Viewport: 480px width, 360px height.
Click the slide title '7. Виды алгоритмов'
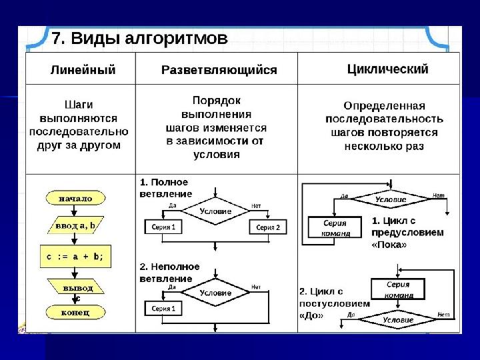coord(140,38)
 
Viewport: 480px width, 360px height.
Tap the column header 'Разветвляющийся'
coord(219,70)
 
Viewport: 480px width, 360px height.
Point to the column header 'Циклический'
coord(388,69)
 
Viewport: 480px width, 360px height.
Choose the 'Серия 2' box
coord(268,227)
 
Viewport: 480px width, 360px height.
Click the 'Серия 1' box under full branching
coord(163,227)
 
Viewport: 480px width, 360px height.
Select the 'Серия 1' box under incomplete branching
coord(163,309)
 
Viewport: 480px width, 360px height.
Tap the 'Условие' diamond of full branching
coord(215,211)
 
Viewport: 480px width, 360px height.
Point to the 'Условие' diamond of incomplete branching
coord(215,293)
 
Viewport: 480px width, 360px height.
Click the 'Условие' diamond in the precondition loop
coord(391,198)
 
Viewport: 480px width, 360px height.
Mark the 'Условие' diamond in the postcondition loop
coord(397,319)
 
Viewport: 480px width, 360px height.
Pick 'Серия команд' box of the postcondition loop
coord(398,289)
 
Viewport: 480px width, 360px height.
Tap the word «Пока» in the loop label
coord(389,245)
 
